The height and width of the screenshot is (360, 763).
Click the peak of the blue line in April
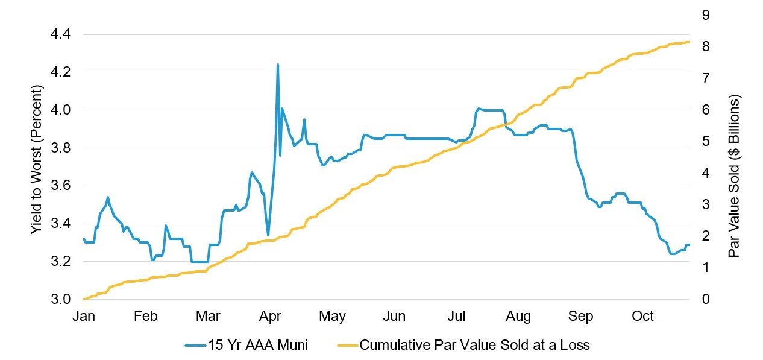click(277, 64)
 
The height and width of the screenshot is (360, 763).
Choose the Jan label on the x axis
click(83, 317)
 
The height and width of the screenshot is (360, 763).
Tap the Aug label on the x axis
click(518, 317)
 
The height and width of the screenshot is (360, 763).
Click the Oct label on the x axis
click(642, 317)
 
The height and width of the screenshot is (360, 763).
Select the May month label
click(332, 317)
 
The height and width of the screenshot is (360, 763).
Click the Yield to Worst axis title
click(37, 160)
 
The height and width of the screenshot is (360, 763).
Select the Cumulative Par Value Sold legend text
click(474, 345)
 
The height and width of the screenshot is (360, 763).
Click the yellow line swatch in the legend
click(345, 346)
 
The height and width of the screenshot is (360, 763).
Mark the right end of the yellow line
click(689, 42)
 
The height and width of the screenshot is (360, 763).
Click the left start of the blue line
click(83, 239)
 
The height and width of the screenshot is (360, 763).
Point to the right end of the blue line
click(689, 244)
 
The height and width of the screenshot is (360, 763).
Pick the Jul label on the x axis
click(457, 317)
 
